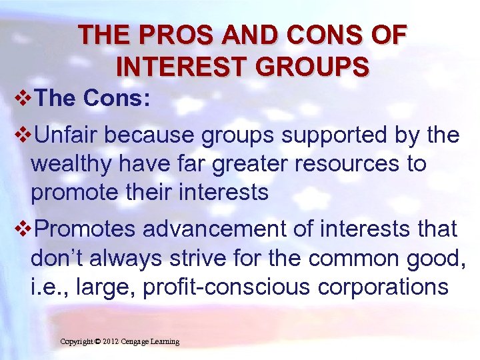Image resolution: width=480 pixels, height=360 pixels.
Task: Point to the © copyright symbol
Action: pos(97,342)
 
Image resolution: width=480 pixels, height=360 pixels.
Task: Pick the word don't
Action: pos(55,259)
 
